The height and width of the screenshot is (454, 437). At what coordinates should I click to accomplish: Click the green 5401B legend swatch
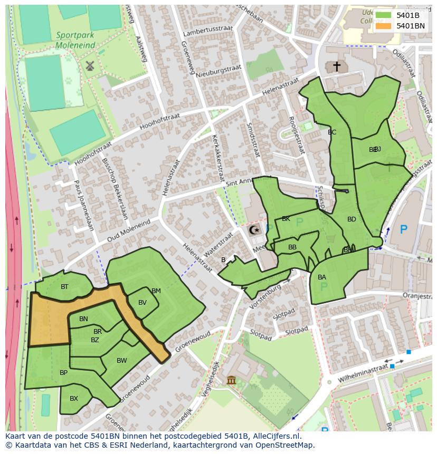[x=383, y=15]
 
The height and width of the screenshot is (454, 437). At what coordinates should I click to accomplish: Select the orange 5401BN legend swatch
[x=383, y=25]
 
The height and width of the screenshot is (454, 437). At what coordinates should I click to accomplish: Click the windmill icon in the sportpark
[x=89, y=65]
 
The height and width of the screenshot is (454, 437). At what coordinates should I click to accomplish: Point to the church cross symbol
[x=336, y=66]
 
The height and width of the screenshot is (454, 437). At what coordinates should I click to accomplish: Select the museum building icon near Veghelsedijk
[x=231, y=380]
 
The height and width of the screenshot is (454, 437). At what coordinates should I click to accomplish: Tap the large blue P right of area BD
[x=403, y=229]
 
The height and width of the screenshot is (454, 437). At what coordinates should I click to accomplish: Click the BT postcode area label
[x=64, y=287]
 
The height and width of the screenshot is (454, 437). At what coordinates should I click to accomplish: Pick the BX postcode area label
[x=74, y=399]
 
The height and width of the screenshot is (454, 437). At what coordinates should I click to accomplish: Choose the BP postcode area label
[x=63, y=373]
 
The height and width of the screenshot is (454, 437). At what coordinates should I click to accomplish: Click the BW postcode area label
[x=122, y=361]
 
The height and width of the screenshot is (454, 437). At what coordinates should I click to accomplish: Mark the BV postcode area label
[x=142, y=303]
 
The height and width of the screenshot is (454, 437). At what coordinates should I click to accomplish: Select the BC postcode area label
[x=332, y=132]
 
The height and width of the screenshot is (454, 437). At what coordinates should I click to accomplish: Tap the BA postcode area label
[x=322, y=277]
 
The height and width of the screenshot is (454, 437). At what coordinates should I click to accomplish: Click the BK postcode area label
[x=286, y=219]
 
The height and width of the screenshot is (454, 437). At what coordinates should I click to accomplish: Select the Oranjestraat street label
[x=417, y=296]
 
